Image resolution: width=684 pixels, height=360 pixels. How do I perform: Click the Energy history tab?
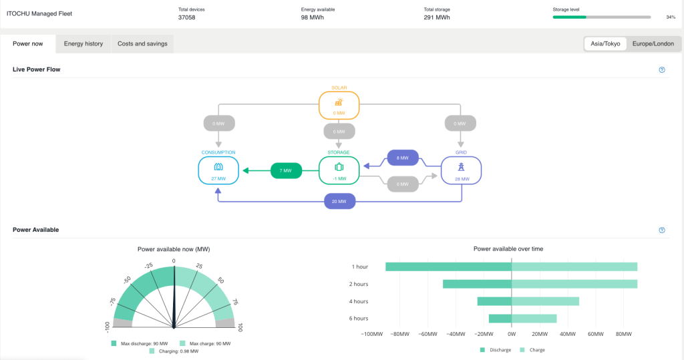(83, 44)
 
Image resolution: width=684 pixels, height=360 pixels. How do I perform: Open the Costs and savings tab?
(142, 44)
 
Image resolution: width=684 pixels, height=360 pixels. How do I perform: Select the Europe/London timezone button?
(654, 44)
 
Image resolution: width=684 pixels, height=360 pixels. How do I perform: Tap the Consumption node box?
(218, 170)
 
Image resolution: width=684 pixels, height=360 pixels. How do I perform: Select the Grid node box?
(460, 170)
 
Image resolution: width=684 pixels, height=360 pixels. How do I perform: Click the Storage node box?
(339, 170)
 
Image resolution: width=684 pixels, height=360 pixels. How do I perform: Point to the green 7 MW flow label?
(286, 171)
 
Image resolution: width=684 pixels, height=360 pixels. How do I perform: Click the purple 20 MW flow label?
(339, 201)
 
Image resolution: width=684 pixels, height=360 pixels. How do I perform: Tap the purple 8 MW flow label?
(402, 158)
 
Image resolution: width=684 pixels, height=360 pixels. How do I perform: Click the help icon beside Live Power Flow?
(662, 69)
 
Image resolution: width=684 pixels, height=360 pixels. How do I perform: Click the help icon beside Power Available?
(662, 230)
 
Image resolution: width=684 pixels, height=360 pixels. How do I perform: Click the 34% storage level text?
(671, 17)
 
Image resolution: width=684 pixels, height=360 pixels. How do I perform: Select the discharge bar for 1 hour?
(448, 266)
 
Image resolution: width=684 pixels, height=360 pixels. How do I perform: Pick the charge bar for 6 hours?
(534, 319)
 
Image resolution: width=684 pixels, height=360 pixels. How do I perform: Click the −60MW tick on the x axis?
(427, 333)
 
